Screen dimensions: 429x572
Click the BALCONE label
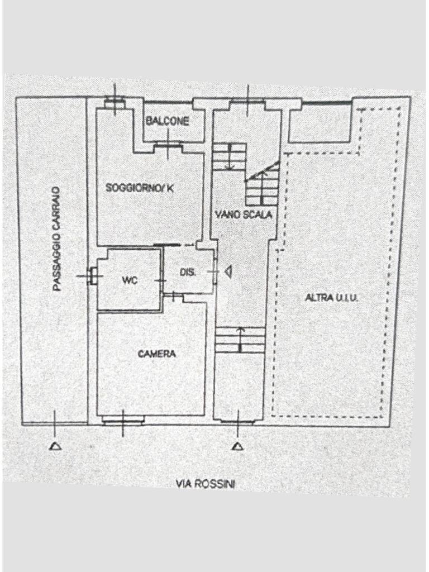click(168, 121)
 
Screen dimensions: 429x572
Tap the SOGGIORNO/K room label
click(140, 188)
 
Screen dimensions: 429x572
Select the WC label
click(130, 280)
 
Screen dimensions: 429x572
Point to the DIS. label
click(188, 272)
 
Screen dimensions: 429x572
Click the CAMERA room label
click(157, 354)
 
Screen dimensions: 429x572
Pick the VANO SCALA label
click(244, 214)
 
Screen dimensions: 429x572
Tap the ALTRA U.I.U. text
click(332, 298)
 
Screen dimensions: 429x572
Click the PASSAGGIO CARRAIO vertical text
click(56, 239)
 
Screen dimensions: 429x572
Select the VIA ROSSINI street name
click(206, 484)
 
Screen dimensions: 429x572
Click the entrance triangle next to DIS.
click(228, 272)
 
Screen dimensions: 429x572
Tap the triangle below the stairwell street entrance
click(238, 446)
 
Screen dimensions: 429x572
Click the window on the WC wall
click(92, 276)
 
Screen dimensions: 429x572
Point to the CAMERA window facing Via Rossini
click(122, 422)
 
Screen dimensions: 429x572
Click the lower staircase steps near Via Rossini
click(239, 340)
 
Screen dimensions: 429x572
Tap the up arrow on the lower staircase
click(240, 340)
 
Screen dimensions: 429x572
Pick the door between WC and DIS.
click(161, 280)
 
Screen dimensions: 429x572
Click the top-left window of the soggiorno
click(115, 103)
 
